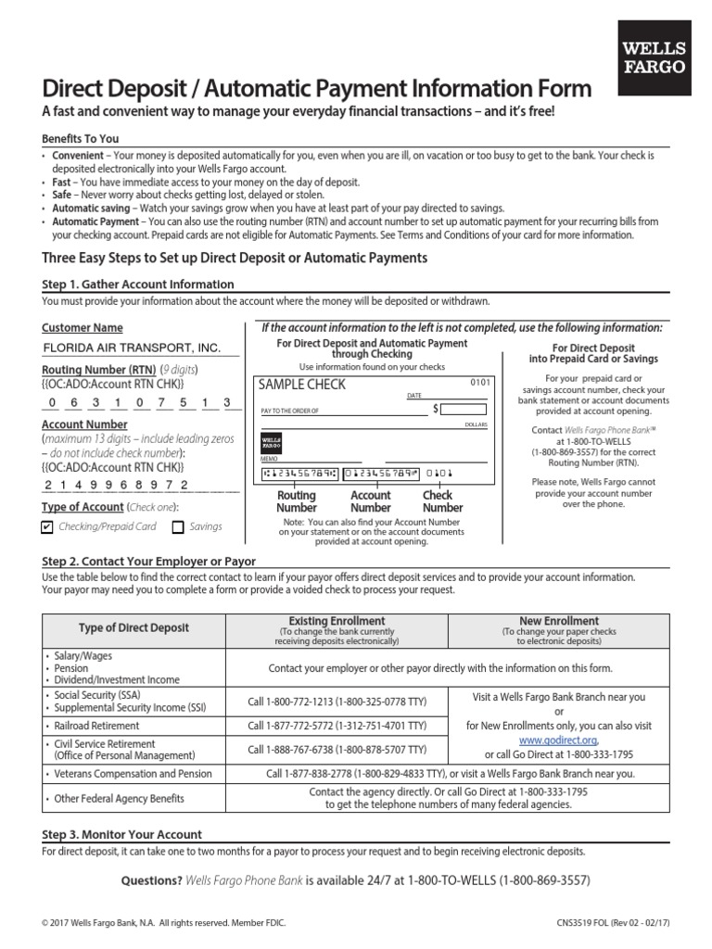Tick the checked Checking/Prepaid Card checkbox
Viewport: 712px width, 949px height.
point(48,526)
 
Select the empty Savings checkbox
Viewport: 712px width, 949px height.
point(178,526)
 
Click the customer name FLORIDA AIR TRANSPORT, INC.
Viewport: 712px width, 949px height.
point(132,348)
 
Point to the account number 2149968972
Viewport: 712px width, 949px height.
point(116,485)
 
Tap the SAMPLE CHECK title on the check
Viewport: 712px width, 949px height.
point(301,385)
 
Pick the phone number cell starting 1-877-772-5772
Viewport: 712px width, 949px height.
point(337,727)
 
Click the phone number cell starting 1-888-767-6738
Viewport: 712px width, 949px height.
point(337,749)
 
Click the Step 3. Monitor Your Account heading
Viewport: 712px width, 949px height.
point(121,834)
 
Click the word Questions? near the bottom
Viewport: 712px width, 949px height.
point(152,880)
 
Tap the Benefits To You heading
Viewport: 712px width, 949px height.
point(81,138)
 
